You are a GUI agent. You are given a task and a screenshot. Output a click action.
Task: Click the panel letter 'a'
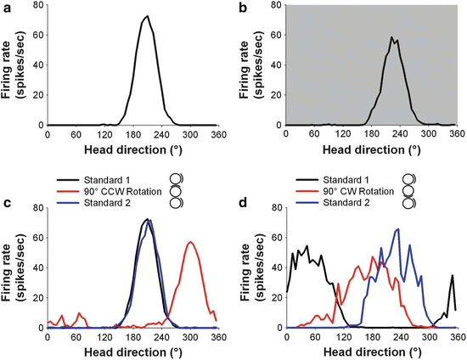point(6,8)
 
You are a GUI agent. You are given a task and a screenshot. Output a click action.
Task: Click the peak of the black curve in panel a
point(147,16)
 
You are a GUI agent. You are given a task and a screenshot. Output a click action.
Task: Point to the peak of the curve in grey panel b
point(391,37)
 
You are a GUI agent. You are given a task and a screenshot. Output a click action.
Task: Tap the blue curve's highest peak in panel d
point(397,229)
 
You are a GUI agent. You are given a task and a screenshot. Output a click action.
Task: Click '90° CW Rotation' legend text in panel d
point(364,192)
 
